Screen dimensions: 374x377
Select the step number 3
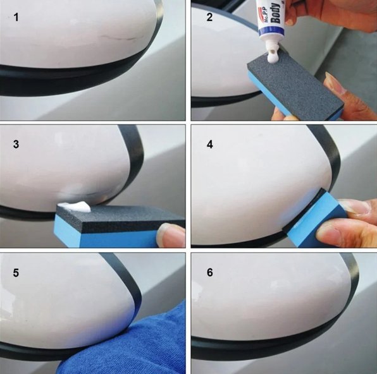(17, 144)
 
